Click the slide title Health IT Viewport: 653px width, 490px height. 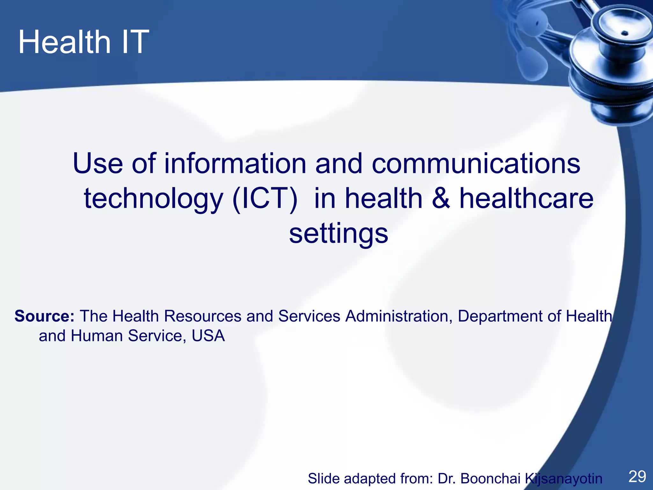point(84,42)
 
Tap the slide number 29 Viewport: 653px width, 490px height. point(637,477)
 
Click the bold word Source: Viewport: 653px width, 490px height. point(44,316)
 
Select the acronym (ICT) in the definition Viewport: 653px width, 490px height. point(265,198)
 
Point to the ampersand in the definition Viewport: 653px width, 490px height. point(441,198)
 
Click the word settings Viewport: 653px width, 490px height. point(339,233)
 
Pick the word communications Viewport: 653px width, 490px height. point(476,163)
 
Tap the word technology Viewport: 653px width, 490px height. point(153,198)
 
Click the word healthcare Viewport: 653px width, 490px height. point(526,198)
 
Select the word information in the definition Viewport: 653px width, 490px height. point(235,163)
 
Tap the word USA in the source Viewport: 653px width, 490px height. point(208,336)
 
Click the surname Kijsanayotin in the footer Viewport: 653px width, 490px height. point(563,479)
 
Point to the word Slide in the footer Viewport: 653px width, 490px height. point(323,479)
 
